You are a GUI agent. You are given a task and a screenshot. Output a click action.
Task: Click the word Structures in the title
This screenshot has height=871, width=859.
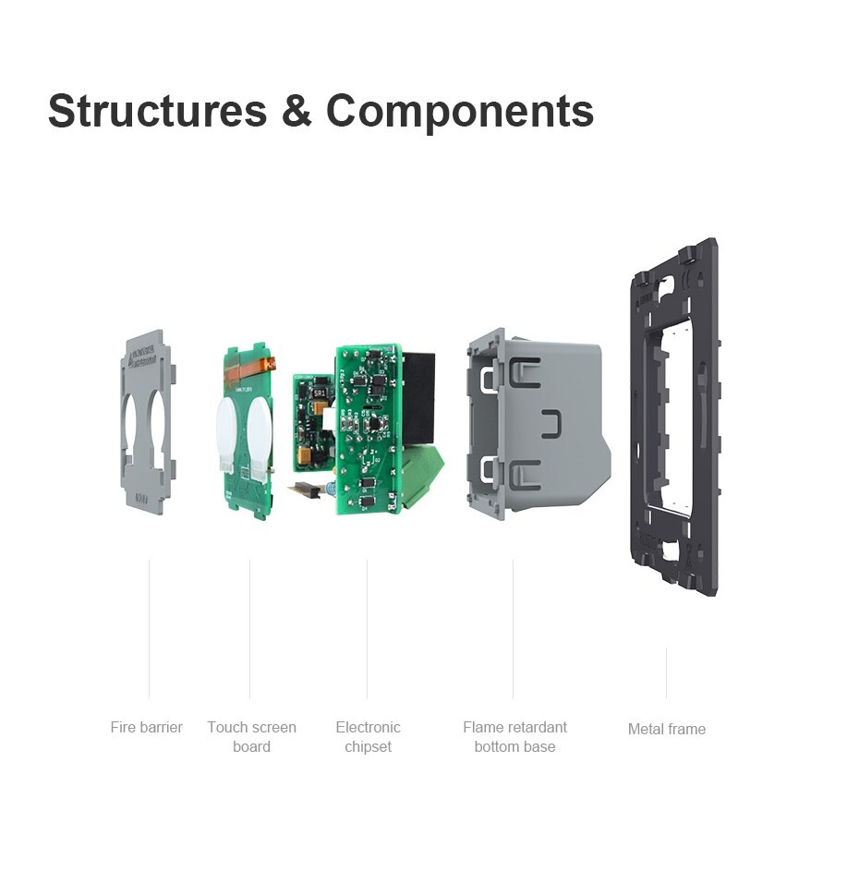pos(157,111)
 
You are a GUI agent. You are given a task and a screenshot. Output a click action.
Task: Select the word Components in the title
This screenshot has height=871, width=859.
pos(459,112)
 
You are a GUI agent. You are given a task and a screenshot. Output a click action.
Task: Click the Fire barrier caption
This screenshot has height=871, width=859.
pos(146,728)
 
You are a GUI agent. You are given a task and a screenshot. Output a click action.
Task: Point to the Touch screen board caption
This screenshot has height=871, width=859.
pos(251,737)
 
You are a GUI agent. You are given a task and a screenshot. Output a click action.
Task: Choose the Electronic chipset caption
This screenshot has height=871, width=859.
pos(368,737)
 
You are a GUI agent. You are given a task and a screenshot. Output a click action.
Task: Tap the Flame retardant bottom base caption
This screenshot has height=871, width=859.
pos(514,737)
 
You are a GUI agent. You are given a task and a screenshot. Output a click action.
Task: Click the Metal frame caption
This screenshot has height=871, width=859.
pos(666,729)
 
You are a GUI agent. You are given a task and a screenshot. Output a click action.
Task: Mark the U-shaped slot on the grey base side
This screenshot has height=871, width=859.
pos(552,424)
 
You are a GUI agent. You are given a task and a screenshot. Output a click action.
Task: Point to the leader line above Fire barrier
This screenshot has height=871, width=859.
pos(149,628)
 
